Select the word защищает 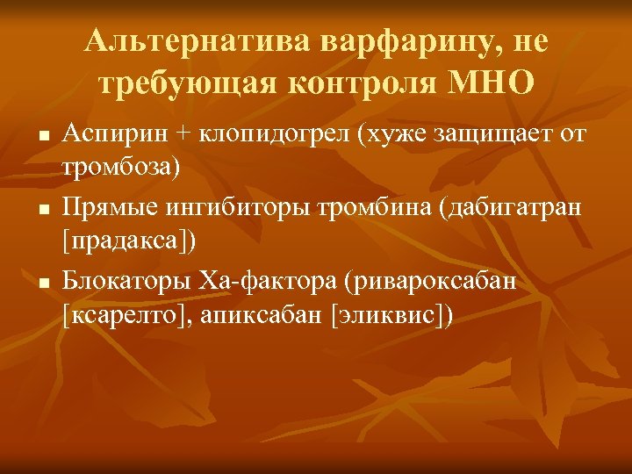point(491,136)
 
